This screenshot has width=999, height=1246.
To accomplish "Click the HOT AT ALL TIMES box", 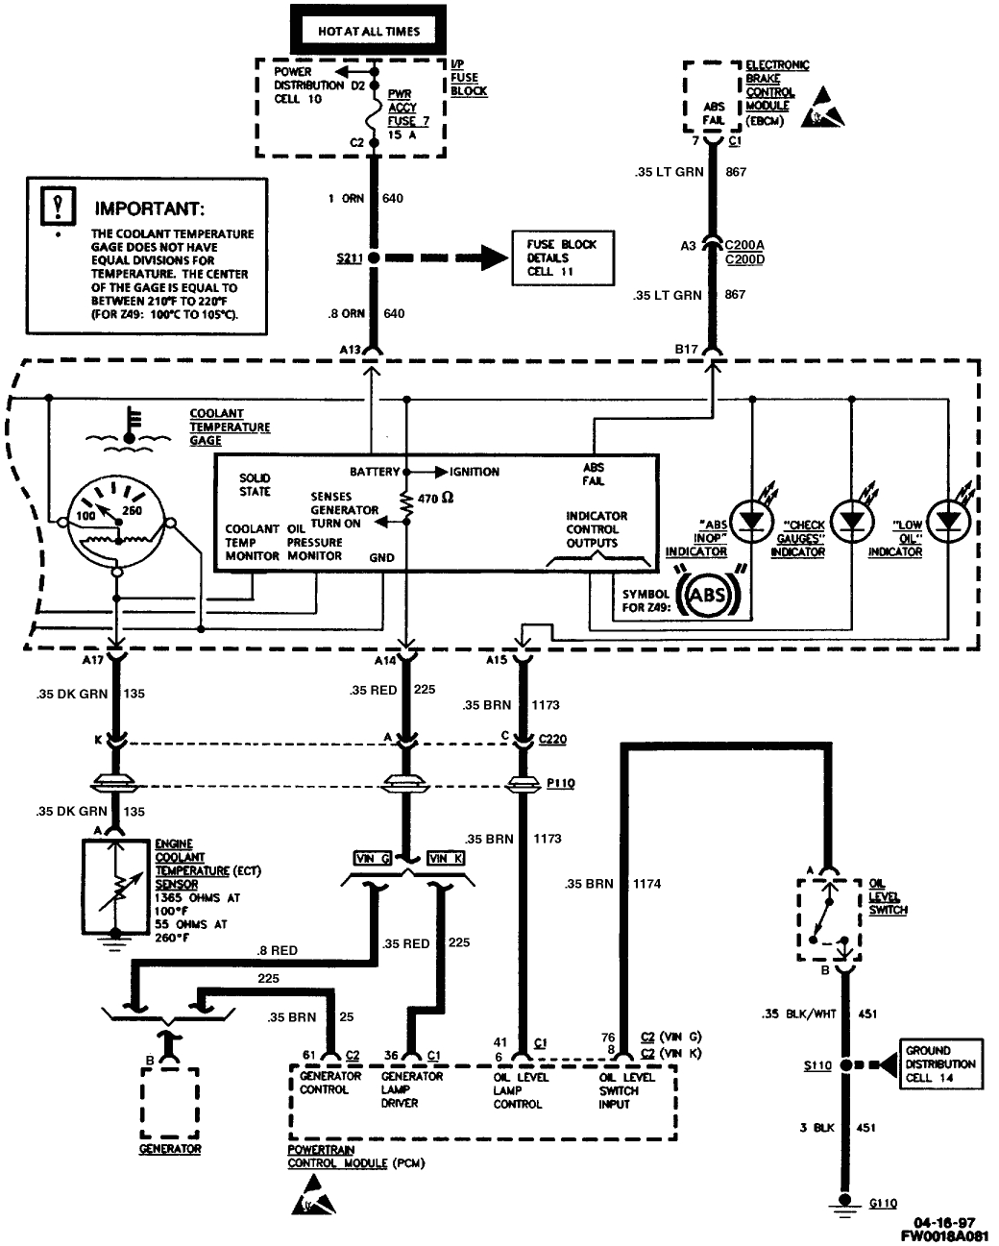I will (369, 31).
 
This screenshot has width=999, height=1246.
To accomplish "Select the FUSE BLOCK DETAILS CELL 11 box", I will (562, 258).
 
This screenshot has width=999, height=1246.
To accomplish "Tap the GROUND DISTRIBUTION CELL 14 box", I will (939, 1064).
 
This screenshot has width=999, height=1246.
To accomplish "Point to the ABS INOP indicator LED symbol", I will (749, 520).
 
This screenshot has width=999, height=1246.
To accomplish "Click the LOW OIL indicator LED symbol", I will (949, 520).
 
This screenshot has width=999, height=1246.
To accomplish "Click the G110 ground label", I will (883, 1203).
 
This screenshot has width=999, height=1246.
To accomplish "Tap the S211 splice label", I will (349, 258).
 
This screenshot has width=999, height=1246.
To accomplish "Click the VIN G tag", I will (372, 858).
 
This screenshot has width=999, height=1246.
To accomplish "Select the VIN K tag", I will (447, 858).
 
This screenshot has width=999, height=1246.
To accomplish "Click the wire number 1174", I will (646, 883).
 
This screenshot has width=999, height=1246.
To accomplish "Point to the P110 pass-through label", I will (560, 783).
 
